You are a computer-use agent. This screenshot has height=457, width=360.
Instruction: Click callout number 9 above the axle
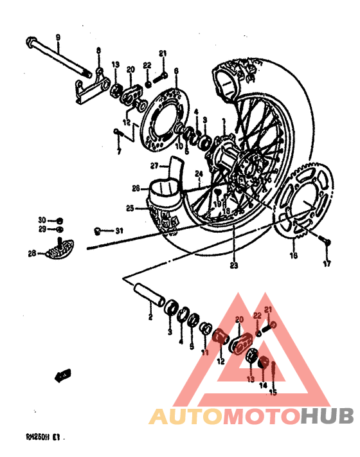57,38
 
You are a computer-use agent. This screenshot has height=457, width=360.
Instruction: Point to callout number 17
327,264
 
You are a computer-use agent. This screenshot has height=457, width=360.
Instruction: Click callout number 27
154,166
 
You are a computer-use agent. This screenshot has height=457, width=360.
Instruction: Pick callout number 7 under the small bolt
118,152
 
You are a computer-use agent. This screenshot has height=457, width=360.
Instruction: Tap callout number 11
204,353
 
